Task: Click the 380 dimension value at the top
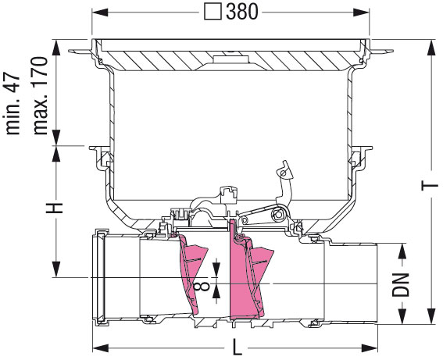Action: [x=242, y=12]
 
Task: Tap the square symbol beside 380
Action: [x=213, y=12]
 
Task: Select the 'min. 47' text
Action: [x=13, y=105]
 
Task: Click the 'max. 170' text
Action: [x=40, y=96]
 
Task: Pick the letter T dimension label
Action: [x=430, y=186]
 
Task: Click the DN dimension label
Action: [x=401, y=284]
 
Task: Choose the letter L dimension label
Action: [x=237, y=348]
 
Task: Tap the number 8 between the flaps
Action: [x=203, y=287]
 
